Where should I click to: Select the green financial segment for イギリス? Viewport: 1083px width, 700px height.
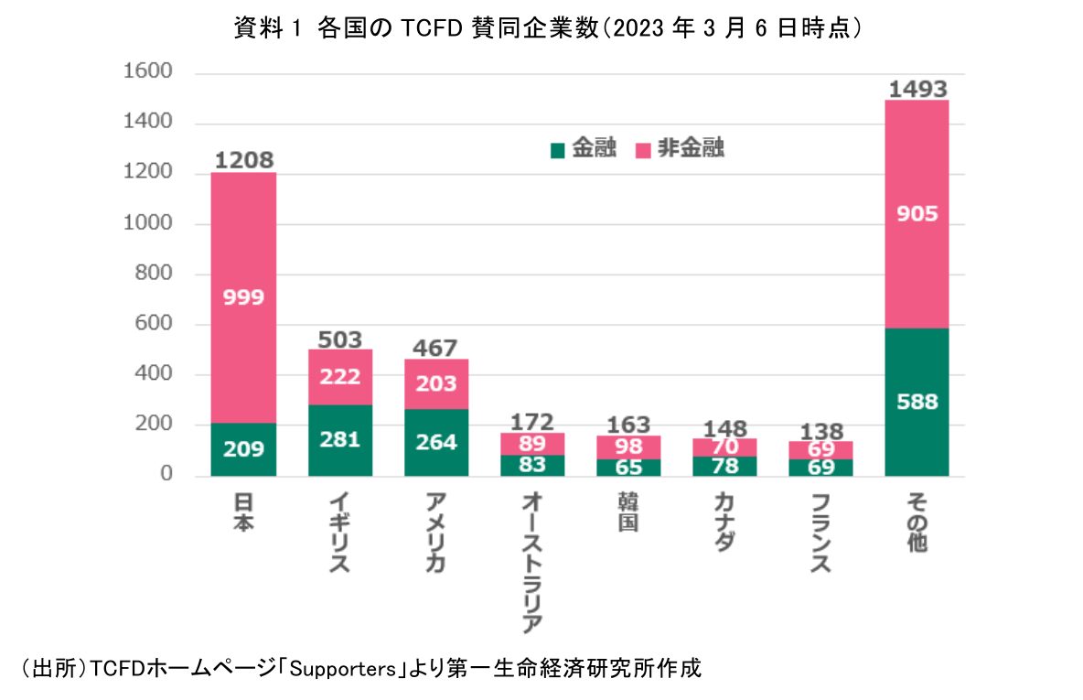point(340,440)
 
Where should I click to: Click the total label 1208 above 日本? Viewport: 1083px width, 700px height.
point(244,161)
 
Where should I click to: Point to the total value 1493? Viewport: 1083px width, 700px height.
point(917,89)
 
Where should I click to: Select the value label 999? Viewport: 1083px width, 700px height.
point(243,296)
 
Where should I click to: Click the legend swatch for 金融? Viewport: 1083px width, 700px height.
point(557,150)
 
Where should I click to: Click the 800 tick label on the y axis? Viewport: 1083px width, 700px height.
point(153,275)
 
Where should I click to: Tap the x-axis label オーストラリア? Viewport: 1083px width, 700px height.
point(532,562)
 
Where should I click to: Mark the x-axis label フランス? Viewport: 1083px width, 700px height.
point(821,533)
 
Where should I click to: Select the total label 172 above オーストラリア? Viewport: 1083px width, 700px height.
point(532,422)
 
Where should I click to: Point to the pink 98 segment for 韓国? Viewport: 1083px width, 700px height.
point(628,447)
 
